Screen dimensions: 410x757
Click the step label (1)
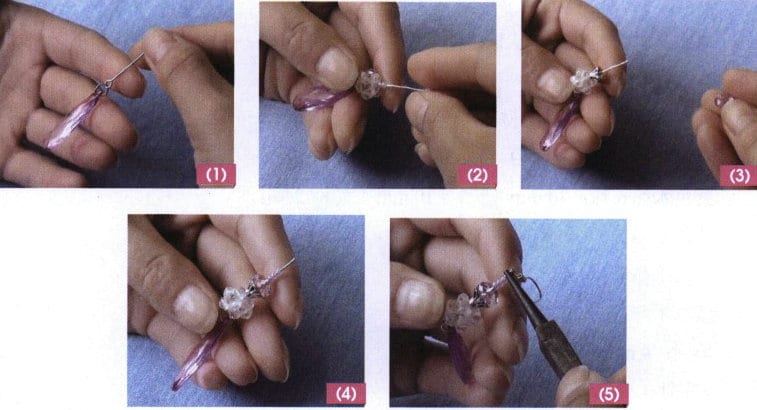click(216, 174)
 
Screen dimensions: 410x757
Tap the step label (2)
click(476, 174)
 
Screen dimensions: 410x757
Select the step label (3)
click(739, 174)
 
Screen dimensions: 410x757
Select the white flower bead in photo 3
click(583, 80)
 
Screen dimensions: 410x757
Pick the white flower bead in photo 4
click(236, 297)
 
